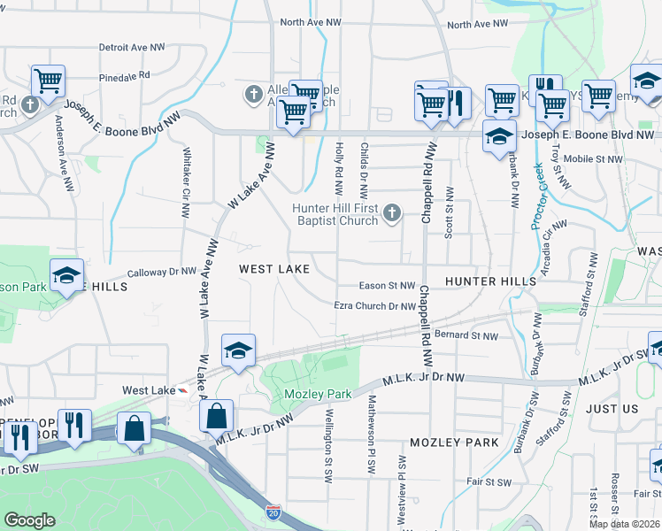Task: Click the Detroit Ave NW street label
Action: (132, 47)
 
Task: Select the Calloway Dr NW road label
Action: (162, 273)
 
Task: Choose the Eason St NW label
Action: (387, 286)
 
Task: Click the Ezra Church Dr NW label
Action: (374, 306)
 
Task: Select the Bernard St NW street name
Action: (467, 335)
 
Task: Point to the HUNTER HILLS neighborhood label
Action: (490, 281)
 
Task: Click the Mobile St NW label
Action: (592, 159)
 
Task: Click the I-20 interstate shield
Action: (274, 512)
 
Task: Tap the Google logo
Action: (29, 520)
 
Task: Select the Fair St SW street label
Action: (488, 482)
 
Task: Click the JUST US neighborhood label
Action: (612, 409)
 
